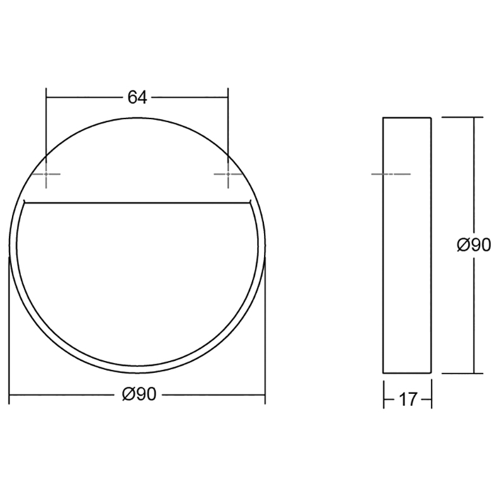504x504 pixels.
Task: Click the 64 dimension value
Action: point(137,98)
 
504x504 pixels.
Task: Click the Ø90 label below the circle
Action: point(139,394)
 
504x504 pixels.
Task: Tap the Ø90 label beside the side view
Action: point(474,245)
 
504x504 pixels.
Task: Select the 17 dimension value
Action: point(408,400)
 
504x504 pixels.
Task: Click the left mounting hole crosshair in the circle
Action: point(46,175)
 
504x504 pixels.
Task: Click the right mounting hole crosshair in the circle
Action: point(228,175)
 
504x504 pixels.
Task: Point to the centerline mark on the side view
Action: point(391,175)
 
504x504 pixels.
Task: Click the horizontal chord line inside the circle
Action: point(137,203)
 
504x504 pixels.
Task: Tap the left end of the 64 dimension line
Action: point(46,98)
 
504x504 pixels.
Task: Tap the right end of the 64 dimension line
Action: point(228,98)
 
